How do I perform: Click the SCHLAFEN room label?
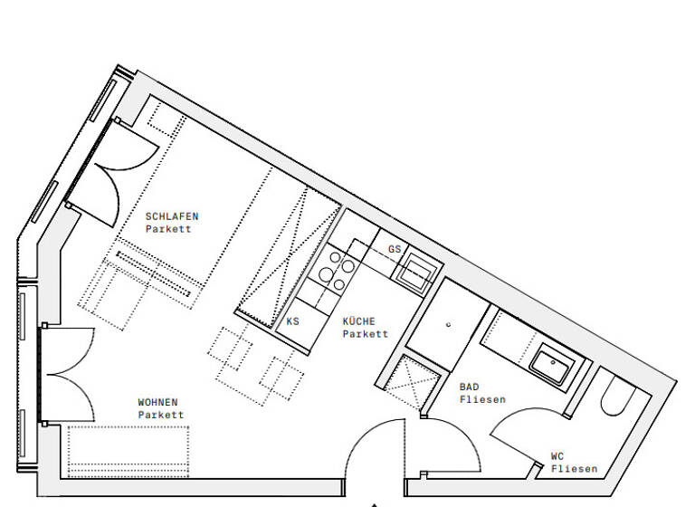pyautogui.click(x=171, y=216)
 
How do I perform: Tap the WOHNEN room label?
pyautogui.click(x=157, y=402)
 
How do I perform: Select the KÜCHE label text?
pyautogui.click(x=358, y=321)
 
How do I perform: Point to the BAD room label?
pyautogui.click(x=470, y=387)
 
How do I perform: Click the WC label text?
pyautogui.click(x=558, y=456)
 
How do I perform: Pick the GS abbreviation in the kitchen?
pyautogui.click(x=394, y=249)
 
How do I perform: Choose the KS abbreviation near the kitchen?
pyautogui.click(x=292, y=321)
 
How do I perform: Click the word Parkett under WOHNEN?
pyautogui.click(x=160, y=415)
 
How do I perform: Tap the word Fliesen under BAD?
pyautogui.click(x=482, y=399)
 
